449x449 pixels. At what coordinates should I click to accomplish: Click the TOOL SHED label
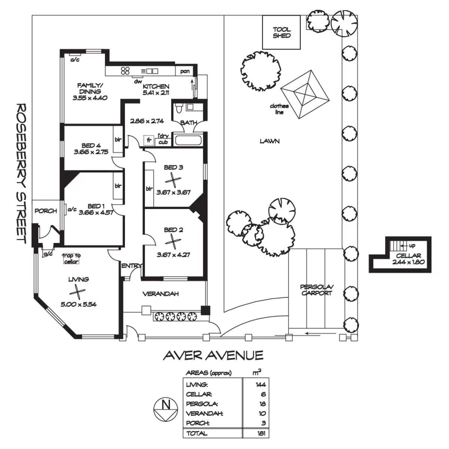(x=281, y=33)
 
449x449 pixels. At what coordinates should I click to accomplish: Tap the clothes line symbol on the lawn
(x=305, y=95)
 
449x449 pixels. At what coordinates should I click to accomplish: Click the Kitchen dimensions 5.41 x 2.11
(x=156, y=92)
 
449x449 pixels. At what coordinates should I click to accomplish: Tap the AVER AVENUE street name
(x=213, y=355)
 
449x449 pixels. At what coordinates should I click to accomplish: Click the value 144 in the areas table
(x=260, y=384)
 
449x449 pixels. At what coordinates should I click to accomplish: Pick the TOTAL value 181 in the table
(x=261, y=433)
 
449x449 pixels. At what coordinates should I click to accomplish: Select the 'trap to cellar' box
(x=71, y=259)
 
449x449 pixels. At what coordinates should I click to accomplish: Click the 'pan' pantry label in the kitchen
(x=185, y=71)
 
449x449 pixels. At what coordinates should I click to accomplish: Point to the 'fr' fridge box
(x=149, y=140)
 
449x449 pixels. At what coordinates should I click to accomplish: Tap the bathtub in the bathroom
(x=189, y=141)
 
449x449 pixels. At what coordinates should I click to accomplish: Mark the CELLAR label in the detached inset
(x=408, y=256)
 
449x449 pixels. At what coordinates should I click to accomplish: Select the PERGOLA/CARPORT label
(x=317, y=290)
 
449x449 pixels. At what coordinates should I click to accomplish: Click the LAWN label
(x=269, y=141)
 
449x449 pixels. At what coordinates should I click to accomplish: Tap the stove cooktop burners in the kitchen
(x=125, y=70)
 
